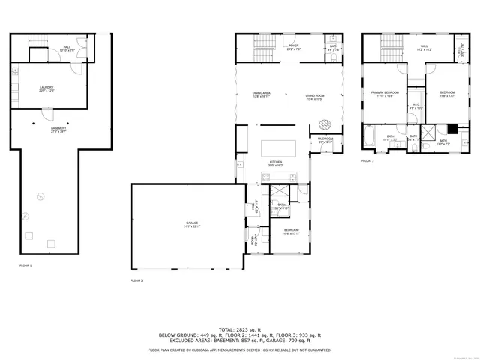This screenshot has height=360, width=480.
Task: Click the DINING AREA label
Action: pyautogui.click(x=261, y=95)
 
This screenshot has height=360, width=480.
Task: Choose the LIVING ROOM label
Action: pyautogui.click(x=314, y=95)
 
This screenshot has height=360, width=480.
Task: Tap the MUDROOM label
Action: pyautogui.click(x=325, y=140)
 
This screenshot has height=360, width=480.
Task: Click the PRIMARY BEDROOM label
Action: pyautogui.click(x=385, y=94)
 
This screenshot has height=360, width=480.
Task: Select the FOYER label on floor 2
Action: pyautogui.click(x=293, y=48)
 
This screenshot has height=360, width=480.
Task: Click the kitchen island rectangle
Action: pyautogui.click(x=278, y=148)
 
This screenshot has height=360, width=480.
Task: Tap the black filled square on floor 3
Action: pyautogui.click(x=442, y=127)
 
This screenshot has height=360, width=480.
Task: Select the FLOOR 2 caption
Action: pyautogui.click(x=136, y=280)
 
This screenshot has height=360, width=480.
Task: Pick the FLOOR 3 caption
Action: pyautogui.click(x=367, y=160)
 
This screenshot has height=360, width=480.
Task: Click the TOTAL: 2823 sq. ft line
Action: pyautogui.click(x=239, y=329)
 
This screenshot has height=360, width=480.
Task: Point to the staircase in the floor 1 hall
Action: pyautogui.click(x=37, y=42)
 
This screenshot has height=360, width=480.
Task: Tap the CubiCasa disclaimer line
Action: pyautogui.click(x=239, y=349)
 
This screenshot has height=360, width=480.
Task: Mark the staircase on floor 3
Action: pyautogui.click(x=389, y=50)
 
